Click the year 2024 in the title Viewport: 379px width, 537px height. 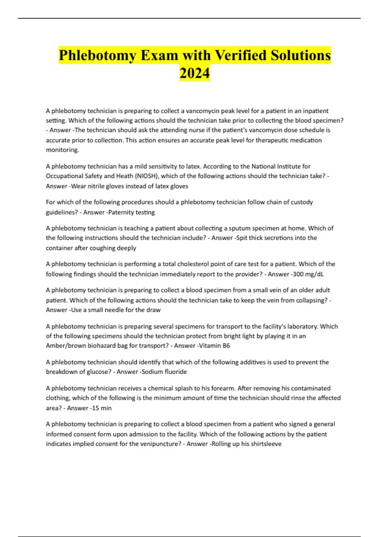coord(195,73)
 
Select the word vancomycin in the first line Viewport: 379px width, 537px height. coord(200,111)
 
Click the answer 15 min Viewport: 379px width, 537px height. coord(102,408)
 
